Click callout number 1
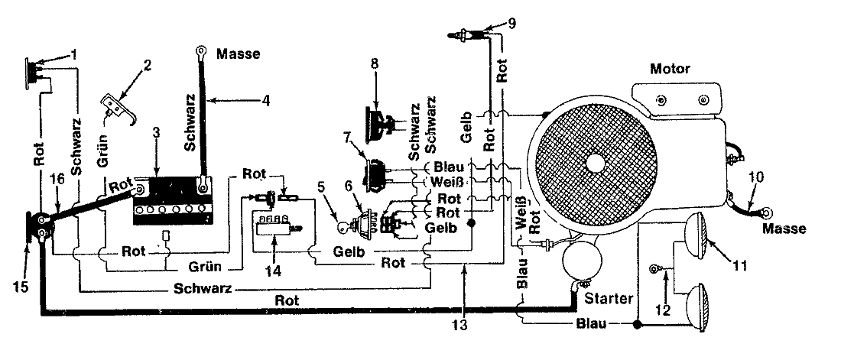point(75,54)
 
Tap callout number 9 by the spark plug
point(511,24)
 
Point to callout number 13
point(463,324)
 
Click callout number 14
point(273,271)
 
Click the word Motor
point(670,70)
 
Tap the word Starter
point(609,298)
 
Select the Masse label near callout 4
point(239,54)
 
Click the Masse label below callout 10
point(784,229)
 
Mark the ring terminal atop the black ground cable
point(200,52)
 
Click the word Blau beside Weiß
point(444,167)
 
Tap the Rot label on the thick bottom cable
point(287,300)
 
